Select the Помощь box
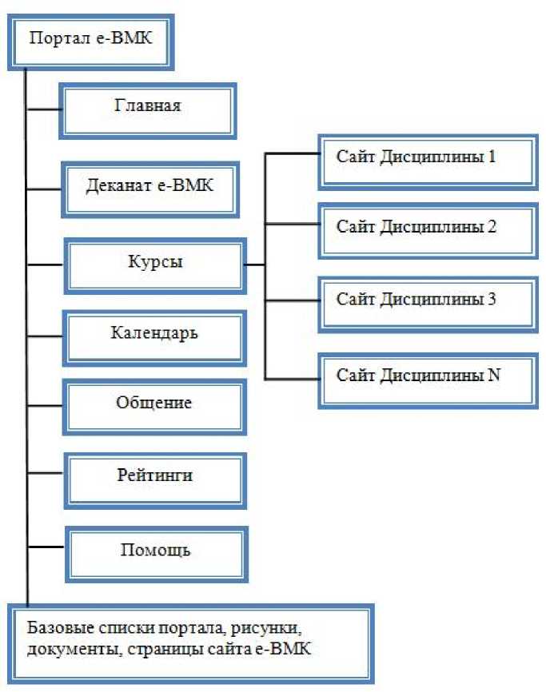tap(154, 551)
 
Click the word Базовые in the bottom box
tap(58, 626)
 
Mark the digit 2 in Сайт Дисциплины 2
tap(492, 227)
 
